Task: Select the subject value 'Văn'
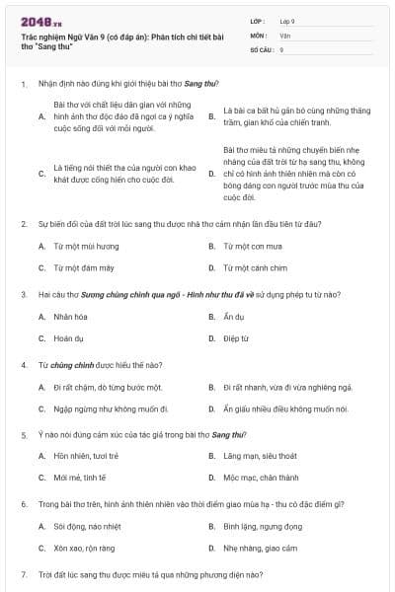click(x=284, y=35)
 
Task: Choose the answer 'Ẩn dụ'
click(x=234, y=317)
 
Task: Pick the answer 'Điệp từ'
click(x=236, y=338)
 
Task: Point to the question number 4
click(x=23, y=364)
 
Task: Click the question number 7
click(x=23, y=573)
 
